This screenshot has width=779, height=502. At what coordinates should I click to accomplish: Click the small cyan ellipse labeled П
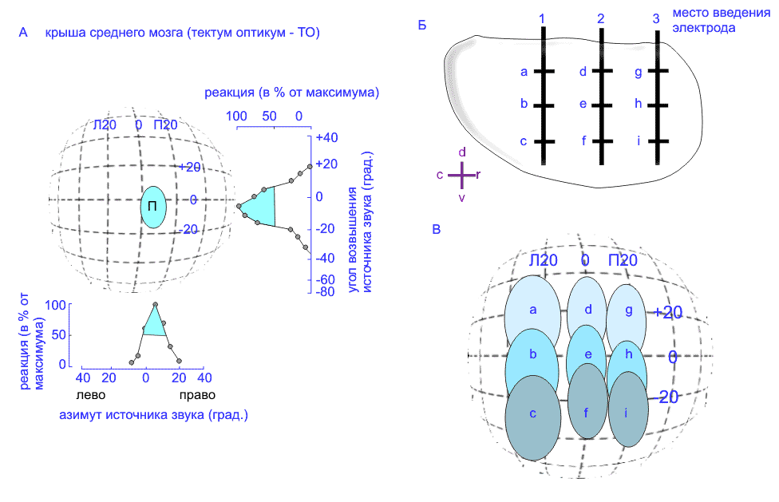[x=152, y=208]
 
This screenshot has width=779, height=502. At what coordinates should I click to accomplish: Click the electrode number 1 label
[x=542, y=18]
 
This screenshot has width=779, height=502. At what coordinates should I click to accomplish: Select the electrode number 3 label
[x=656, y=18]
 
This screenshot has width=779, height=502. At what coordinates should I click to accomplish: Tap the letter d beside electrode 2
[x=583, y=72]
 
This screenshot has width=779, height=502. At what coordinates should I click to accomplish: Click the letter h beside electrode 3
[x=639, y=104]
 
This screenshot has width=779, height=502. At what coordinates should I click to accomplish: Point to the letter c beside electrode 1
[x=524, y=142]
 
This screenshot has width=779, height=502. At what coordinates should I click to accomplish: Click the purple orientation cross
[x=462, y=173]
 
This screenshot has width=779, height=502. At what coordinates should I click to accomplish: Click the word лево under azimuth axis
[x=89, y=395]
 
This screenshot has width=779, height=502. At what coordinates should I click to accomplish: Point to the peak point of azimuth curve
[x=155, y=305]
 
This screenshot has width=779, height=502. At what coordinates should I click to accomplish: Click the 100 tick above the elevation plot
[x=236, y=116]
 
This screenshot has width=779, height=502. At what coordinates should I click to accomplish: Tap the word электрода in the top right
[x=703, y=28]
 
